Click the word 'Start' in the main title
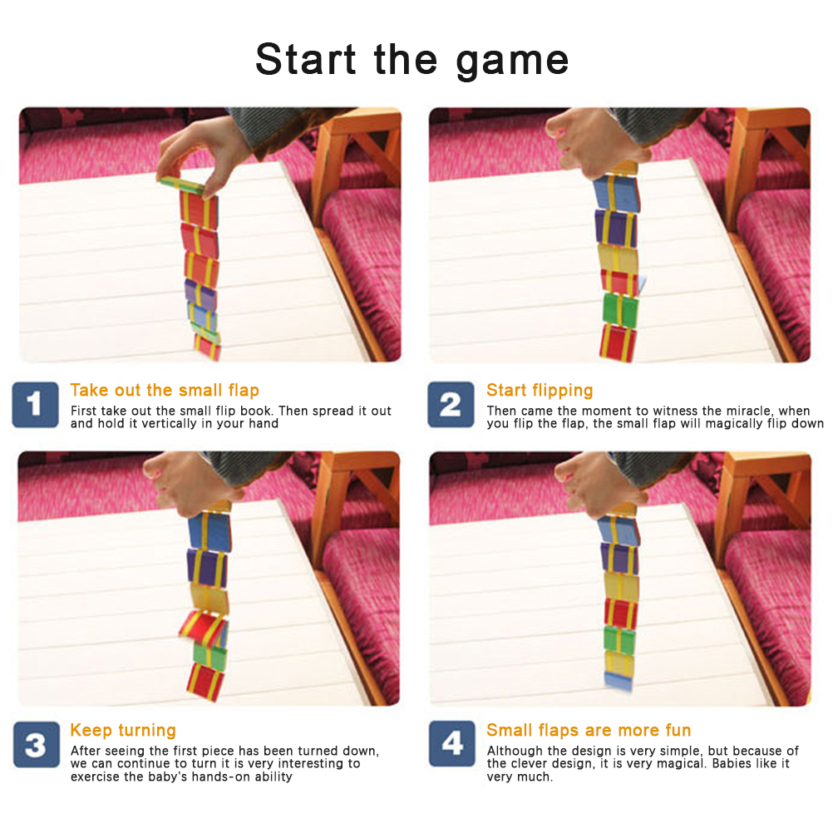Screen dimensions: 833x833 point(305,59)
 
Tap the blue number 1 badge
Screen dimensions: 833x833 point(35,404)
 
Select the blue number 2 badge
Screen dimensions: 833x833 point(451,404)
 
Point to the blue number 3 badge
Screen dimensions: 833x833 point(36,744)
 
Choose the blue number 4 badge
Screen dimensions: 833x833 point(452,743)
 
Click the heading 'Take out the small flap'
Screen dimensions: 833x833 point(165,390)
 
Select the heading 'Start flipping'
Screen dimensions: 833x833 point(540,391)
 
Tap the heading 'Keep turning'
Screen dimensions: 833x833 point(123,731)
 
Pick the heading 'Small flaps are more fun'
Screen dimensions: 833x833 point(589,731)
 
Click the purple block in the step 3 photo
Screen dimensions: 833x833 point(207,567)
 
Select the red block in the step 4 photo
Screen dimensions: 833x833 point(620,612)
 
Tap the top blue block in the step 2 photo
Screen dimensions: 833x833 point(616,192)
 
